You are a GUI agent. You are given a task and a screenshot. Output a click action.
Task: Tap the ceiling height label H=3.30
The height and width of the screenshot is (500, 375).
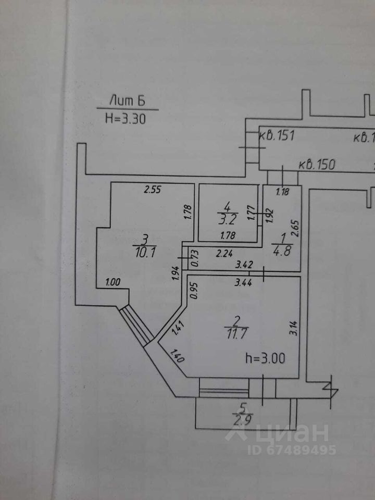125,118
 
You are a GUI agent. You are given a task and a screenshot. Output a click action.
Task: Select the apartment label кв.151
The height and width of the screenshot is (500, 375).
278,136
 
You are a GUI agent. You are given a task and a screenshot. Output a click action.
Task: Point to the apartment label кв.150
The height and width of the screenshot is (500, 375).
317,165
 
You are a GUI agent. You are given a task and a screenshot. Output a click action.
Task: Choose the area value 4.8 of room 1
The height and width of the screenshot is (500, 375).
282,248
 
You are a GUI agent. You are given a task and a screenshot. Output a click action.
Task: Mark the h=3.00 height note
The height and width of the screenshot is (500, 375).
265,359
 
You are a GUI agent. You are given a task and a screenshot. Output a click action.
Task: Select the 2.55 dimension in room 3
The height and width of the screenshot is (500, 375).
153,190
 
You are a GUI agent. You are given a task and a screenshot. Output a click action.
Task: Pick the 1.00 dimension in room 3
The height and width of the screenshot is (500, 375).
113,282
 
